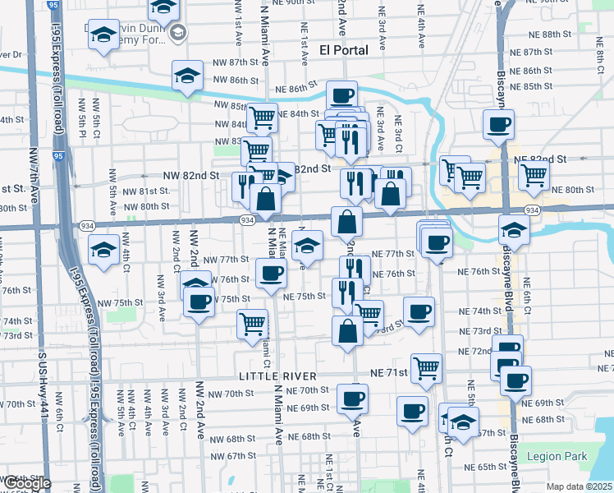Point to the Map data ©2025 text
click(x=580, y=486)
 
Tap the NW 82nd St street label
click(x=191, y=175)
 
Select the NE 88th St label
click(x=552, y=35)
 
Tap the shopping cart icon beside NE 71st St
click(x=426, y=367)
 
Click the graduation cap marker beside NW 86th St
click(x=188, y=76)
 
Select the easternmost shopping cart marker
click(x=534, y=174)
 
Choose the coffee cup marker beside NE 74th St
click(x=419, y=311)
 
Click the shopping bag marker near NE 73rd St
click(x=348, y=330)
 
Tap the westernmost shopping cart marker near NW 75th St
click(x=252, y=323)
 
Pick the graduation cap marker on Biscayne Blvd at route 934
click(x=514, y=228)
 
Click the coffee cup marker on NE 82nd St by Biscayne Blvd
click(x=498, y=125)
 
